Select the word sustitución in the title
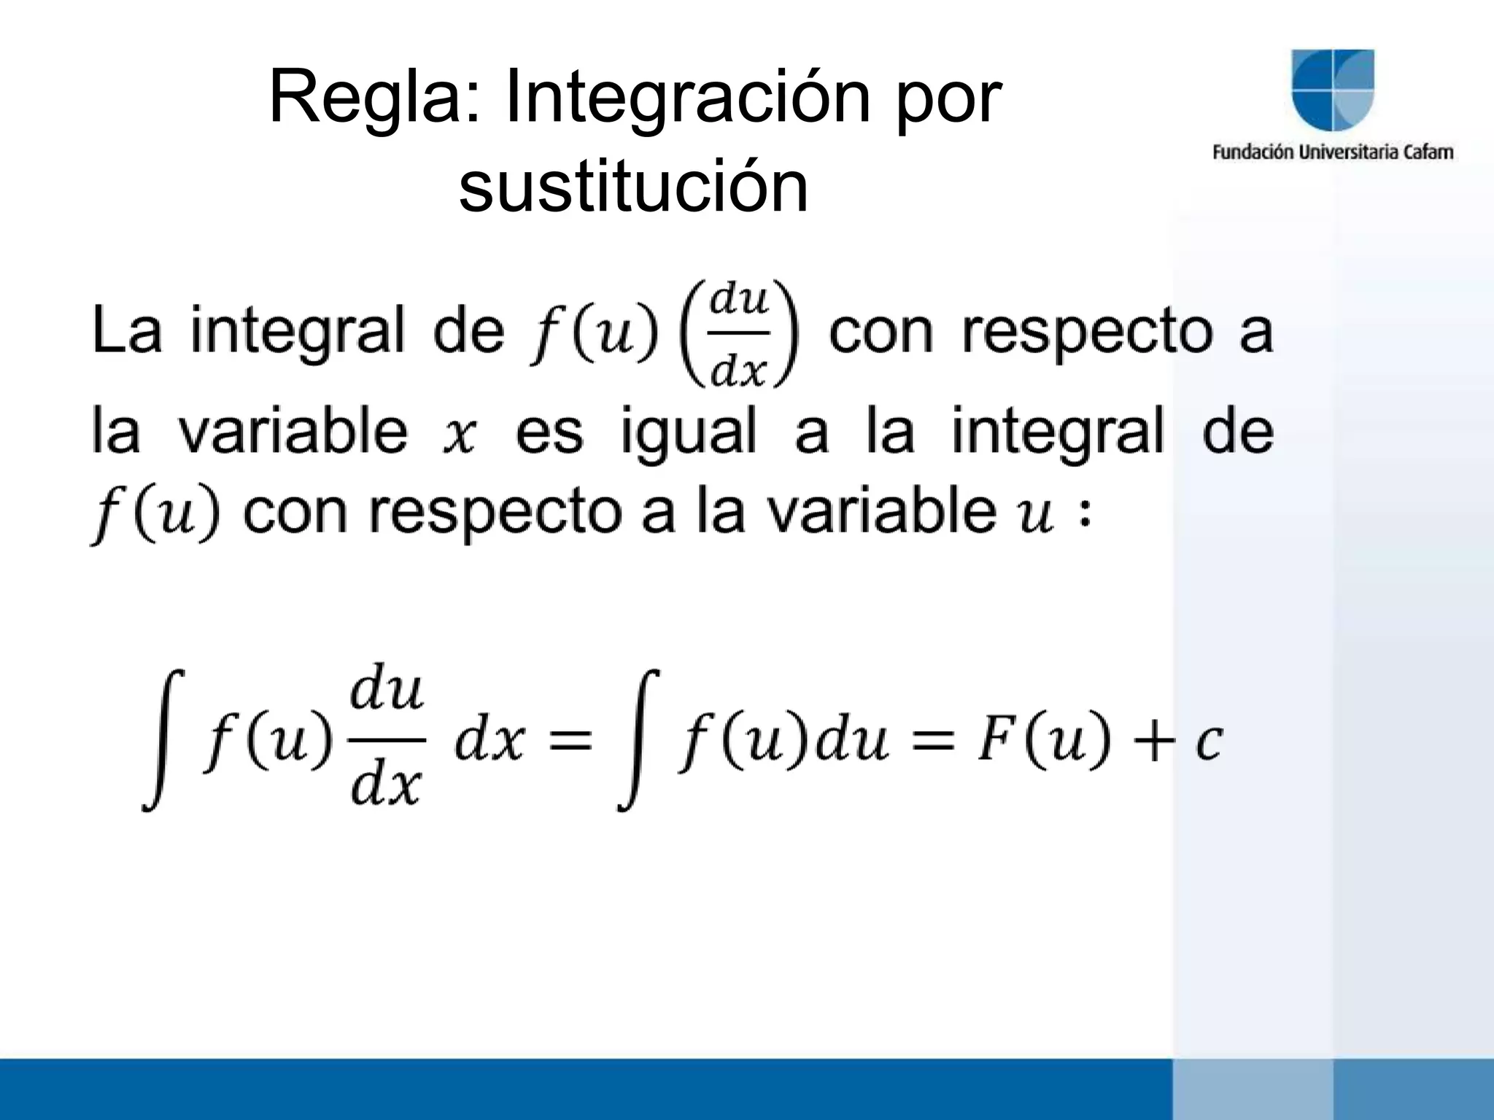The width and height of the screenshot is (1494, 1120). tap(633, 187)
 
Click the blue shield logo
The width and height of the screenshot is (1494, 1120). tap(1333, 90)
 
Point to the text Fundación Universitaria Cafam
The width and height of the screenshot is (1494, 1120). tap(1333, 152)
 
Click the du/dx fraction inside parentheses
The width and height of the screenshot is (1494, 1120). tap(739, 333)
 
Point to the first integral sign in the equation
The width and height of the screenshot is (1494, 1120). tap(162, 740)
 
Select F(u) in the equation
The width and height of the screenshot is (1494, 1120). tap(1042, 742)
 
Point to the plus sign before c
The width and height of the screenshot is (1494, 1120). tap(1154, 744)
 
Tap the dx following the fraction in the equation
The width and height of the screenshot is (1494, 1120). tap(489, 742)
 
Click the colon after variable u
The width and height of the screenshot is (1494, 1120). tap(1085, 516)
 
